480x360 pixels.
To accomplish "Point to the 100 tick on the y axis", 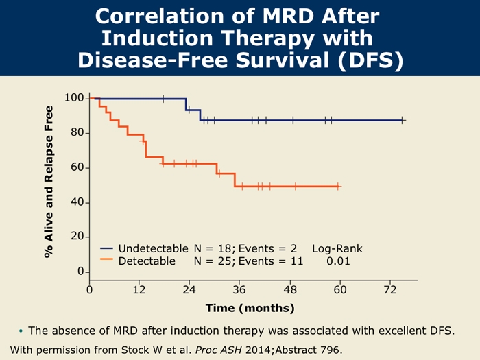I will [x=74, y=98].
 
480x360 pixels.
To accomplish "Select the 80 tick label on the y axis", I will [x=77, y=132].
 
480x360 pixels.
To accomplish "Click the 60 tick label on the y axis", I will [x=77, y=167].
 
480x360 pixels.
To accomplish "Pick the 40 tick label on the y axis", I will [x=77, y=202].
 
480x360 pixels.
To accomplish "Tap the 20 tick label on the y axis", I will [x=77, y=237].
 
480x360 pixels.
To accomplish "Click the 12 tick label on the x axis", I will [x=139, y=291].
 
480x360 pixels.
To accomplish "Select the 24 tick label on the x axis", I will [x=189, y=291].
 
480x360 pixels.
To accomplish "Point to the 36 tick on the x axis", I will [x=239, y=291].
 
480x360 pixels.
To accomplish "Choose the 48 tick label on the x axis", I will [x=290, y=291].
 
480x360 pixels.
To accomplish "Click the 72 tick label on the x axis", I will [x=390, y=291].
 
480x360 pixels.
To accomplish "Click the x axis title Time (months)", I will [x=250, y=308].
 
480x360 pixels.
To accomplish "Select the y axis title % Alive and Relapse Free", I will [x=49, y=182].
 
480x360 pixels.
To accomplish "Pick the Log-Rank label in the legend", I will [x=337, y=248].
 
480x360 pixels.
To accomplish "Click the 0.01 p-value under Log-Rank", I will [x=337, y=261].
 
